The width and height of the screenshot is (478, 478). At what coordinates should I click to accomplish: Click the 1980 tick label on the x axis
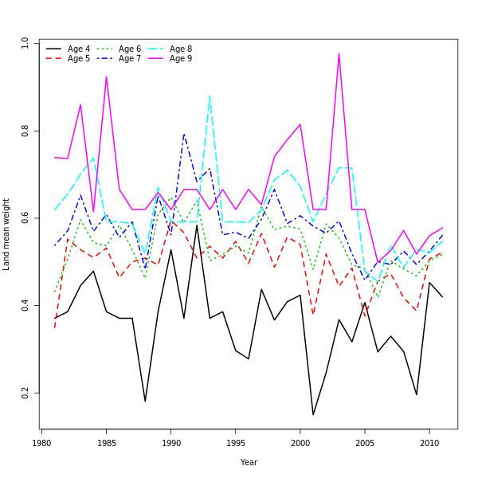(x=41, y=442)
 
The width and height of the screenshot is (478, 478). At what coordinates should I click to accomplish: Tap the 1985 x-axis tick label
(x=106, y=442)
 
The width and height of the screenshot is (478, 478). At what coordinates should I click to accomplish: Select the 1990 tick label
(x=170, y=442)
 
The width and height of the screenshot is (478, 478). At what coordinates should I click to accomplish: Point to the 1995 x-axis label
(x=235, y=442)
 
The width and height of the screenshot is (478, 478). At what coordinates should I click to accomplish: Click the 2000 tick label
(x=300, y=442)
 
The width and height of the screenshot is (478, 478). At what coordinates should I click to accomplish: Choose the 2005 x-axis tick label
(x=365, y=442)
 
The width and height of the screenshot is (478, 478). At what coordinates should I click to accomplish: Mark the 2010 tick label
(x=429, y=442)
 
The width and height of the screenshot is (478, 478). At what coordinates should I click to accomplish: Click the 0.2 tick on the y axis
(x=25, y=394)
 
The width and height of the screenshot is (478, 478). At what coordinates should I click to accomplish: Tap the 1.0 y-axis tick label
(x=25, y=43)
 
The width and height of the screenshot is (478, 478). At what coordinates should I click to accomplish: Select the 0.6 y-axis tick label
(x=25, y=218)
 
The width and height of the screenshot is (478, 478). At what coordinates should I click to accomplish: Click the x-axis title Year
(x=249, y=462)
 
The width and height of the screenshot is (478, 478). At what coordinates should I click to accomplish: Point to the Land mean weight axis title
(x=6, y=234)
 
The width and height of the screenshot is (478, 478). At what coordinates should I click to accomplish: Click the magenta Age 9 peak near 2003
(x=339, y=54)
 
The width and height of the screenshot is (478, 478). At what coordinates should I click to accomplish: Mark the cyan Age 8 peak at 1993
(x=210, y=96)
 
